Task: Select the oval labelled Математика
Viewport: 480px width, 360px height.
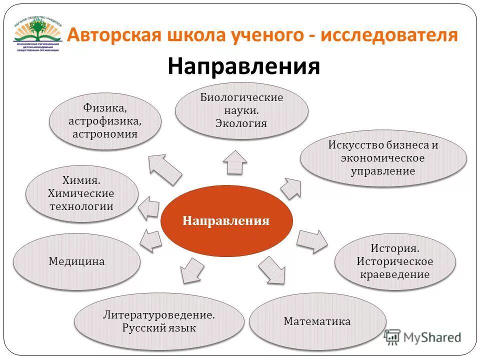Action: point(317,321)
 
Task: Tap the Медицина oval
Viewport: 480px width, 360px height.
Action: point(76,261)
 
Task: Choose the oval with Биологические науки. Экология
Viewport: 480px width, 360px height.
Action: point(241,110)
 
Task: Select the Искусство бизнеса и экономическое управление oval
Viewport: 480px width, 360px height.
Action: point(383,158)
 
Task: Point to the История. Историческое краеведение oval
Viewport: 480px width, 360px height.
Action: point(395,261)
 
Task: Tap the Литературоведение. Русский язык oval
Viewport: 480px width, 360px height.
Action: point(159,322)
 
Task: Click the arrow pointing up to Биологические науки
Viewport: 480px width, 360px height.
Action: point(234,161)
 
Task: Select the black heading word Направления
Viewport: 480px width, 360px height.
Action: point(243,66)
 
